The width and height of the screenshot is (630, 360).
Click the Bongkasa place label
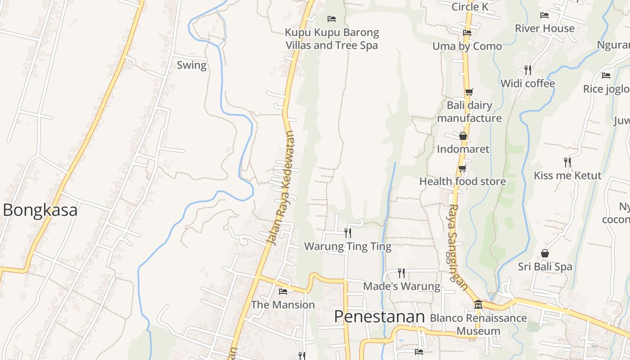pyautogui.click(x=40, y=210)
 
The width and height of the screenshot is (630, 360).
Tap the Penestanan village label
pyautogui.click(x=379, y=317)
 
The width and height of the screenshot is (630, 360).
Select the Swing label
pyautogui.click(x=191, y=65)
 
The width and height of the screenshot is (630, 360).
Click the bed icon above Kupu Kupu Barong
pyautogui.click(x=332, y=19)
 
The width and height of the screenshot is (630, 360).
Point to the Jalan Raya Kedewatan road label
pyautogui.click(x=281, y=188)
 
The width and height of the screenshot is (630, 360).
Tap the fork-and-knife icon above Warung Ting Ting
pyautogui.click(x=347, y=233)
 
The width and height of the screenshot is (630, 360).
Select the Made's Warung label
pyautogui.click(x=401, y=286)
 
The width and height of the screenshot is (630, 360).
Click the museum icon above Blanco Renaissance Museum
pyautogui.click(x=478, y=305)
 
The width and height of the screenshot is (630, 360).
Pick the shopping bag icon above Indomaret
pyautogui.click(x=463, y=136)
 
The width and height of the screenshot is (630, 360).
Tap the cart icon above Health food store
pyautogui.click(x=462, y=169)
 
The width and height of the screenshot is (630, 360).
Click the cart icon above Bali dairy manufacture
pyautogui.click(x=469, y=92)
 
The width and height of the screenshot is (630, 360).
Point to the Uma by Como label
pyautogui.click(x=467, y=46)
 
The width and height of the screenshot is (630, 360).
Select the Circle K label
pyautogui.click(x=470, y=7)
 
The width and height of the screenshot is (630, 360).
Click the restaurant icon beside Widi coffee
pyautogui.click(x=527, y=70)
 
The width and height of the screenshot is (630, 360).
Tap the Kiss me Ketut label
pyautogui.click(x=567, y=175)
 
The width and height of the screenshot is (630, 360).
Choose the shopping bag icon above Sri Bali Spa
pyautogui.click(x=544, y=253)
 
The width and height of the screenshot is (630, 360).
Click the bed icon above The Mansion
pyautogui.click(x=283, y=292)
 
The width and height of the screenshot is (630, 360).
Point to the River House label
pyautogui.click(x=544, y=28)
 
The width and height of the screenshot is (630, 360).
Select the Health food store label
pyautogui.click(x=463, y=181)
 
